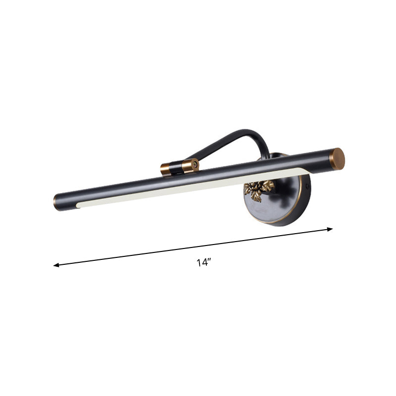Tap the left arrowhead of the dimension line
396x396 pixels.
[x=56, y=265]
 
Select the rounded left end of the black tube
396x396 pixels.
[x=58, y=202]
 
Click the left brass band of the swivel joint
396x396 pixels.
[x=165, y=170]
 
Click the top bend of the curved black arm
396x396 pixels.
[x=247, y=132]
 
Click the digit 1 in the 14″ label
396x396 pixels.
[x=198, y=263]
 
